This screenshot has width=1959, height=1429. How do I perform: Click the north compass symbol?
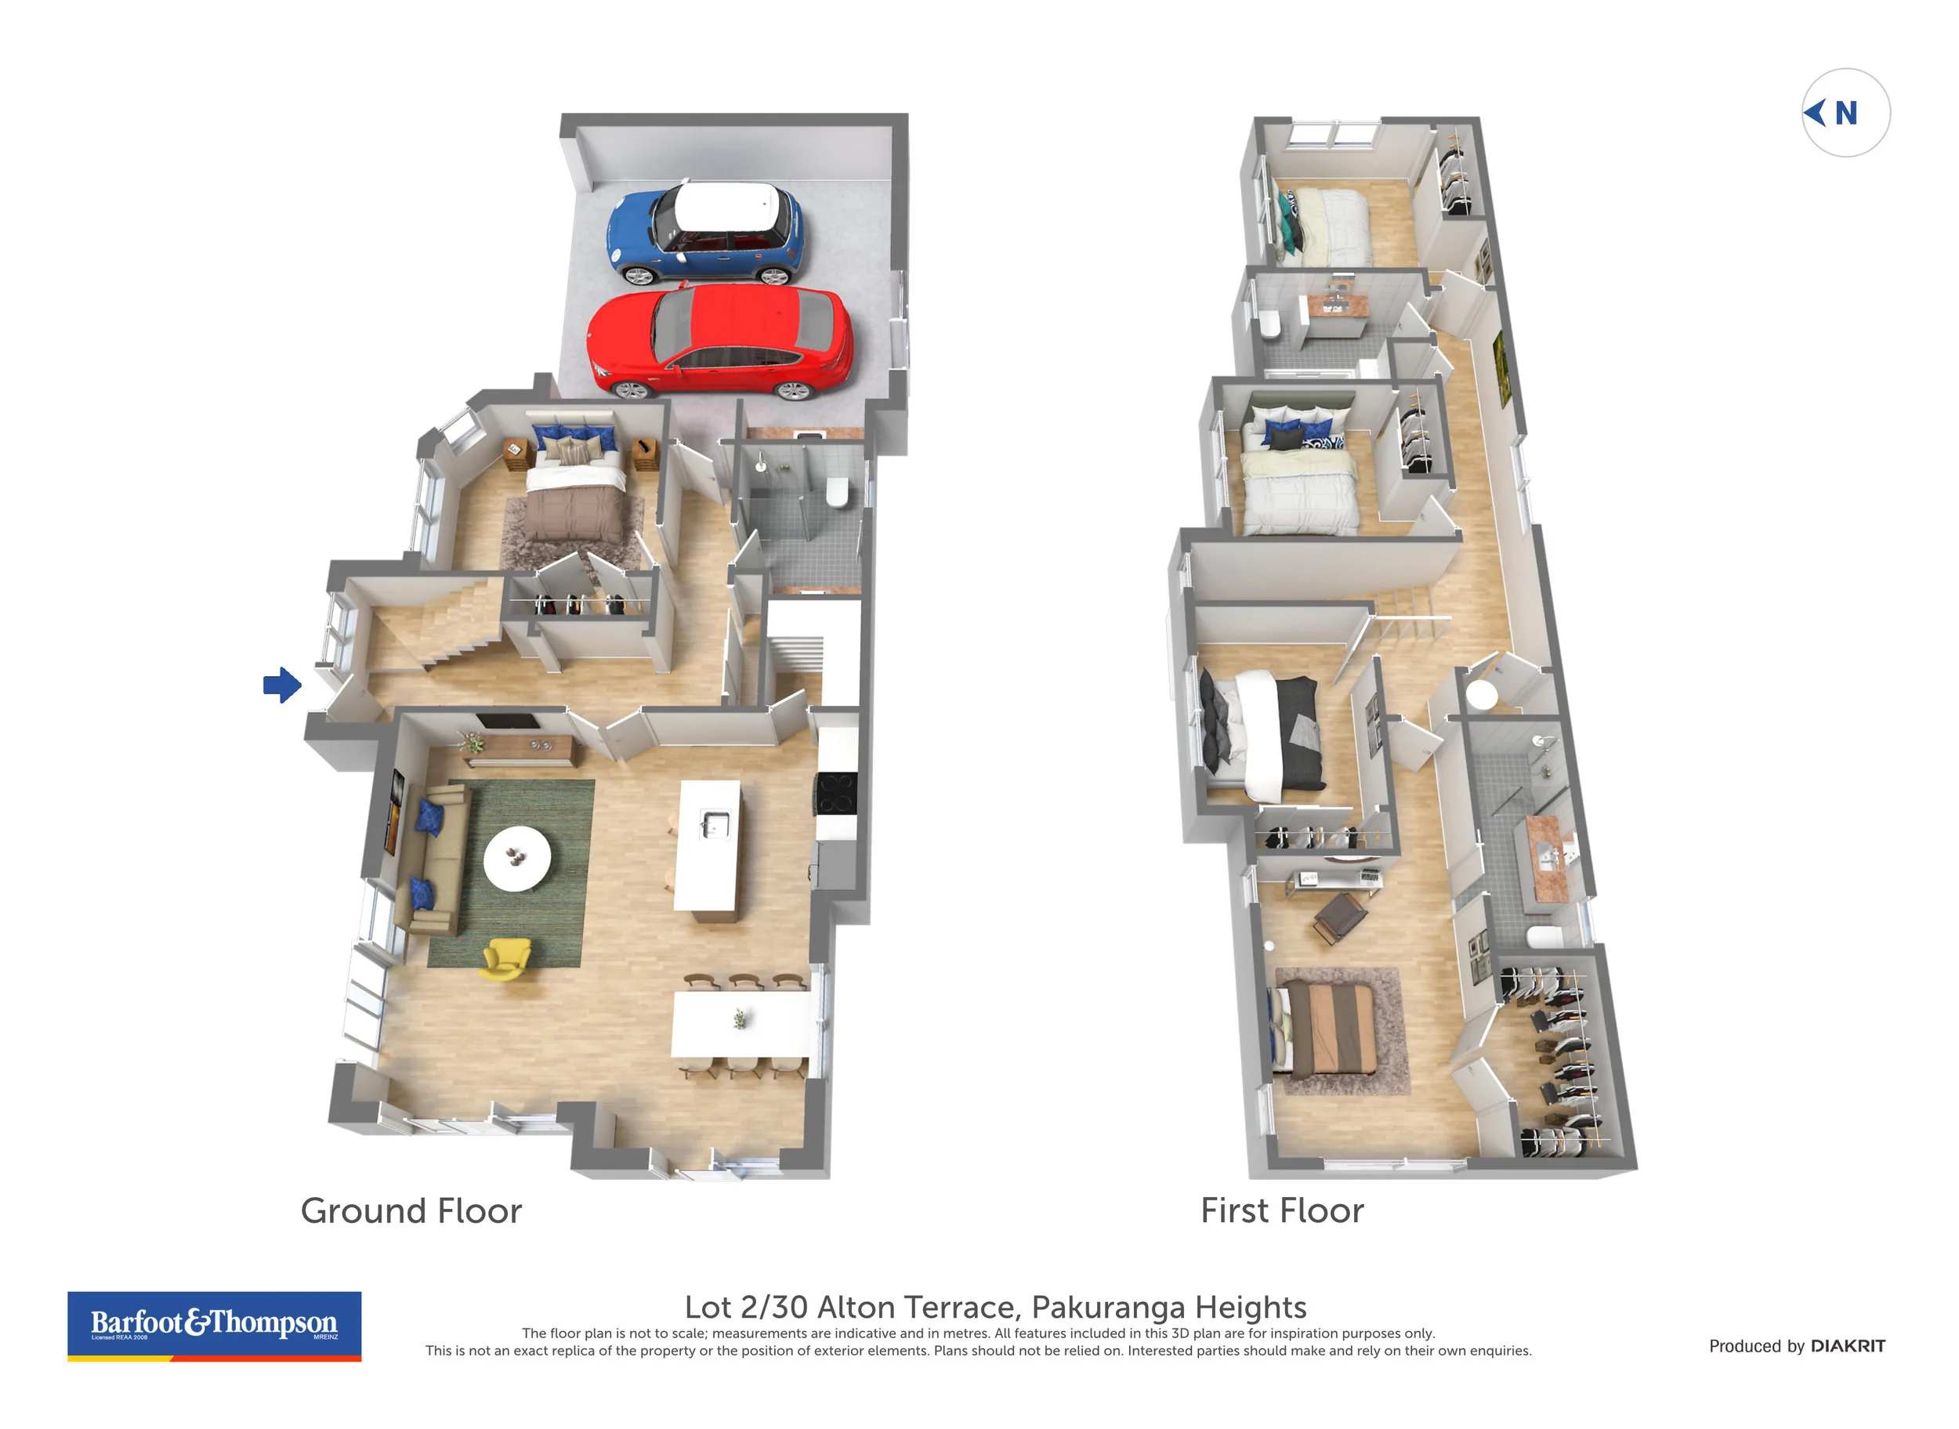[x=1845, y=113]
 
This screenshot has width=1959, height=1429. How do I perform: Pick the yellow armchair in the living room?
[x=506, y=958]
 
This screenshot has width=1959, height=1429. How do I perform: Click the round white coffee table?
[x=516, y=858]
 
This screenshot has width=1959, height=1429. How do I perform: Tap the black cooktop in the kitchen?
[x=836, y=792]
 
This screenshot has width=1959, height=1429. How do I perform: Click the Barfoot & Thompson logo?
[x=214, y=1326]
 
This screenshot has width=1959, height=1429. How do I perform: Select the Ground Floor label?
[x=411, y=1211]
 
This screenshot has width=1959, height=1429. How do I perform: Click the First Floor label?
[x=1281, y=1210]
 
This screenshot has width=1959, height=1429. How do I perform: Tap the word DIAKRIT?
[x=1848, y=1346]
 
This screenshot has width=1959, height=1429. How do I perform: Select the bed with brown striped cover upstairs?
[x=1328, y=1029]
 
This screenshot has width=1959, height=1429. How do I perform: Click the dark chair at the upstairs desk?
[x=1338, y=917]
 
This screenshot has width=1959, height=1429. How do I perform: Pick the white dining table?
[x=740, y=1024]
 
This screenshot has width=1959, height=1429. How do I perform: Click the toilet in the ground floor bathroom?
[x=838, y=492]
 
